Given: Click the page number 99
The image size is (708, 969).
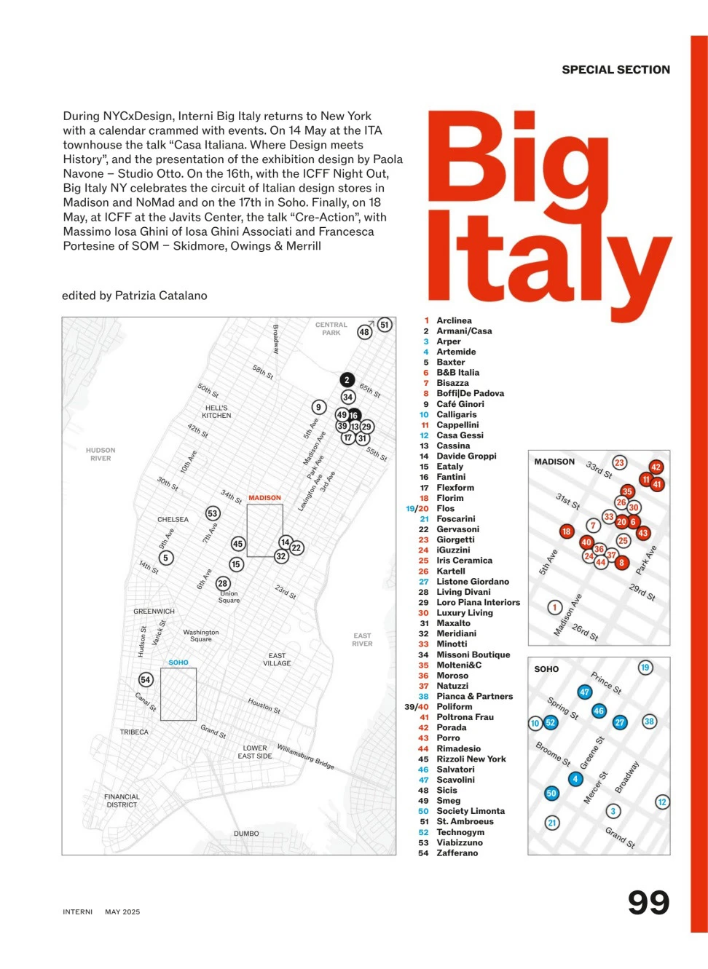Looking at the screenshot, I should click(648, 903).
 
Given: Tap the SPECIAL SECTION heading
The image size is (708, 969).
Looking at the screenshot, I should click(615, 70).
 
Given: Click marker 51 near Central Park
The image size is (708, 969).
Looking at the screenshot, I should click(385, 325).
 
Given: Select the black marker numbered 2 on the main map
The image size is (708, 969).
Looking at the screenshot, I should click(347, 379).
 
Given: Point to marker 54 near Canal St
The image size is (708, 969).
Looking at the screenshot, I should click(146, 679).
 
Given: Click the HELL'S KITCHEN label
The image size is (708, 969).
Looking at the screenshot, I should click(216, 412).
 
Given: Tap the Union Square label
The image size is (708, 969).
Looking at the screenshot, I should click(229, 597).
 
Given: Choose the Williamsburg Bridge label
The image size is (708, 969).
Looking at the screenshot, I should click(305, 757).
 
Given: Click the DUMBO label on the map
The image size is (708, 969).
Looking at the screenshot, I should click(246, 834).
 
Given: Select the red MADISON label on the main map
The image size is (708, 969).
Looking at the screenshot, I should click(264, 498).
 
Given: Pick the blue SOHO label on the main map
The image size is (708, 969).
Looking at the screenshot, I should click(178, 663).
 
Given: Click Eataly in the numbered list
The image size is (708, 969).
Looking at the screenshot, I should click(449, 467).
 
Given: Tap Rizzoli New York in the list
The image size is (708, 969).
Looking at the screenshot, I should click(471, 759).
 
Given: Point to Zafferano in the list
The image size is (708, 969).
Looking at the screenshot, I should click(457, 853).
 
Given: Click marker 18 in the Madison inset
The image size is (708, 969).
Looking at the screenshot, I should click(566, 531).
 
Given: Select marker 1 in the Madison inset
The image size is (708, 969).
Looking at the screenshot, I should click(554, 607).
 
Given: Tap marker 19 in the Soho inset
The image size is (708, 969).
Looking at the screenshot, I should click(645, 668).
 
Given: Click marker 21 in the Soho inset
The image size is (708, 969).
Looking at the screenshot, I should click(551, 823).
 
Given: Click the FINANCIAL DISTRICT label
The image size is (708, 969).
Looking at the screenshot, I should click(122, 801).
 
